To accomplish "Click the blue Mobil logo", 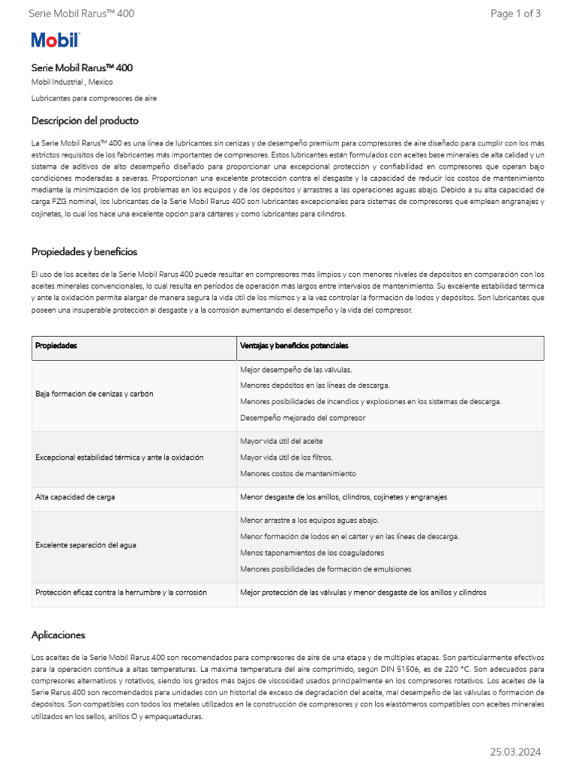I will [55, 40].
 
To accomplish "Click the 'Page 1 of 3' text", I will [515, 13].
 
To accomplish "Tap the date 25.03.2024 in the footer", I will [515, 751].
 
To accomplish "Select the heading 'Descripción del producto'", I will [85, 121].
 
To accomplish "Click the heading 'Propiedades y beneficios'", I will [84, 252].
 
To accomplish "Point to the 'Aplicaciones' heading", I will [58, 635].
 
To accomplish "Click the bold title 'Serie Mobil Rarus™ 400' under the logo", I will [82, 68].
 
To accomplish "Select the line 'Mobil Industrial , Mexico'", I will [72, 82].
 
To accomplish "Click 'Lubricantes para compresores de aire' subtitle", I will [94, 98].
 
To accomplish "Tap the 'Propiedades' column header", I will [56, 346].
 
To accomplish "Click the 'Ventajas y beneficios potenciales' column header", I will [294, 346].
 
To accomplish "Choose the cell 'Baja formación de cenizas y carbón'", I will [94, 394].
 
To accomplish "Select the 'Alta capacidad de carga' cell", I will [75, 497].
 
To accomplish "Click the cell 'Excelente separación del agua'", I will [85, 545].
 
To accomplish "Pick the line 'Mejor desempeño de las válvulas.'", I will [295, 370].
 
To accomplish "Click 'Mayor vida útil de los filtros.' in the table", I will [286, 457].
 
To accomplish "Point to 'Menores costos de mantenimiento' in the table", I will [298, 473].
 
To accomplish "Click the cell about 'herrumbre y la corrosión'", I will [121, 592].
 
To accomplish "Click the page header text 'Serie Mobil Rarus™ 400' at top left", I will [82, 13].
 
